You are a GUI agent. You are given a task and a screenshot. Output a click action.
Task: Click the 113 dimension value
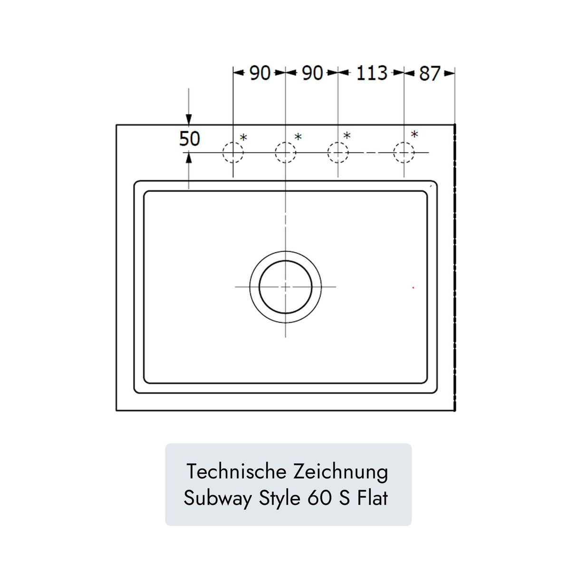(x=372, y=73)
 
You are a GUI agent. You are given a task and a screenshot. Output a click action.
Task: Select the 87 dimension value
(x=430, y=74)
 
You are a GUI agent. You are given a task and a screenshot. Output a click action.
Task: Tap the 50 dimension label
(x=189, y=139)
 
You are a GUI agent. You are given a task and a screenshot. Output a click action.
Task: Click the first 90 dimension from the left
(x=260, y=73)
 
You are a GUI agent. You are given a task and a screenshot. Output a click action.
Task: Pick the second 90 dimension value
(x=312, y=73)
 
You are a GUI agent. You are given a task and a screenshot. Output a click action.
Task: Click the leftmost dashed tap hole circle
(x=233, y=153)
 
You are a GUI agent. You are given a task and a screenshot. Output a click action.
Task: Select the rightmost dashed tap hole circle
(x=404, y=153)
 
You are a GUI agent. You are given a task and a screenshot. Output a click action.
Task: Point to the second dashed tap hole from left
(x=285, y=153)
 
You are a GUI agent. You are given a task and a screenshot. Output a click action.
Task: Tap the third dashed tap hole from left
(x=338, y=153)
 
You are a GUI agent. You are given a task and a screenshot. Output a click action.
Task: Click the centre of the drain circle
(x=285, y=287)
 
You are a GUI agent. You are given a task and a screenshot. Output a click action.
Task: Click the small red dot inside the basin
(x=413, y=288)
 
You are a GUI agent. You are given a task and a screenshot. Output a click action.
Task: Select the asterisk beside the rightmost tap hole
(x=414, y=135)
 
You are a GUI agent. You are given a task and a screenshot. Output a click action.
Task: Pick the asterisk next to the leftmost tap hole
(x=243, y=138)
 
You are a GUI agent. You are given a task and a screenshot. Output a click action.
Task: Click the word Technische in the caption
(x=236, y=471)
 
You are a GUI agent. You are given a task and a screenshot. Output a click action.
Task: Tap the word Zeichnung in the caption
(x=340, y=471)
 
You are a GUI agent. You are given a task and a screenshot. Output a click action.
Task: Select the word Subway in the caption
(x=217, y=498)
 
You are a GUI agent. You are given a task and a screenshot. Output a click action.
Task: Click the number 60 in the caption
(x=319, y=498)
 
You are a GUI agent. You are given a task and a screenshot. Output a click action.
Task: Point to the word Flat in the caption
(x=373, y=498)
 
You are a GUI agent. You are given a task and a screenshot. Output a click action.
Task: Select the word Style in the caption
(x=279, y=498)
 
